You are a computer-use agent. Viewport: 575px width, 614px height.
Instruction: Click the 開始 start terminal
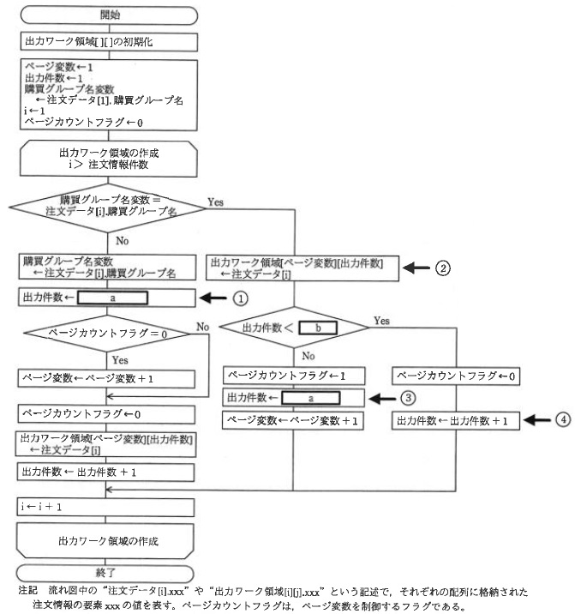tap(107, 15)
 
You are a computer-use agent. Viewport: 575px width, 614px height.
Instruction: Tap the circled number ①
tap(241, 299)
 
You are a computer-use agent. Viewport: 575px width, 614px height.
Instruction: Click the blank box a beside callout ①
tap(113, 299)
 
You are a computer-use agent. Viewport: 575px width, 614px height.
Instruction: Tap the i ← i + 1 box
tap(107, 507)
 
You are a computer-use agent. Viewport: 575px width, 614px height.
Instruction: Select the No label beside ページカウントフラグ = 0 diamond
tap(203, 327)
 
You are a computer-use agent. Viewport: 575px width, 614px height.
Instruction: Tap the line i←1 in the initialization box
tap(33, 110)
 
